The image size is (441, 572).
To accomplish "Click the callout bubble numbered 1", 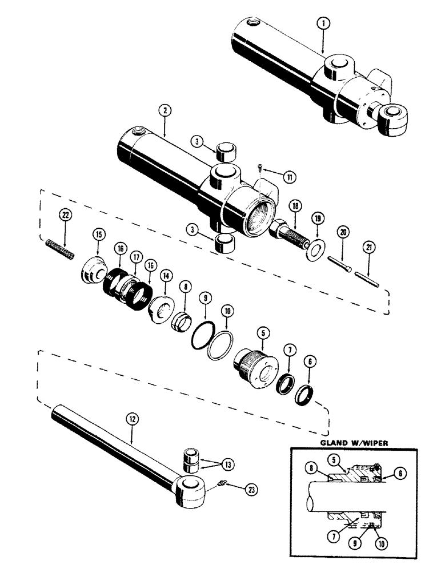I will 323,23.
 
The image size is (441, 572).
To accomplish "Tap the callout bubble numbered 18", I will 296,206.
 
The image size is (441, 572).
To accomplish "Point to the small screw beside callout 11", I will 260,168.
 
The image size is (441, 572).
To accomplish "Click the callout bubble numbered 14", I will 167,275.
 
